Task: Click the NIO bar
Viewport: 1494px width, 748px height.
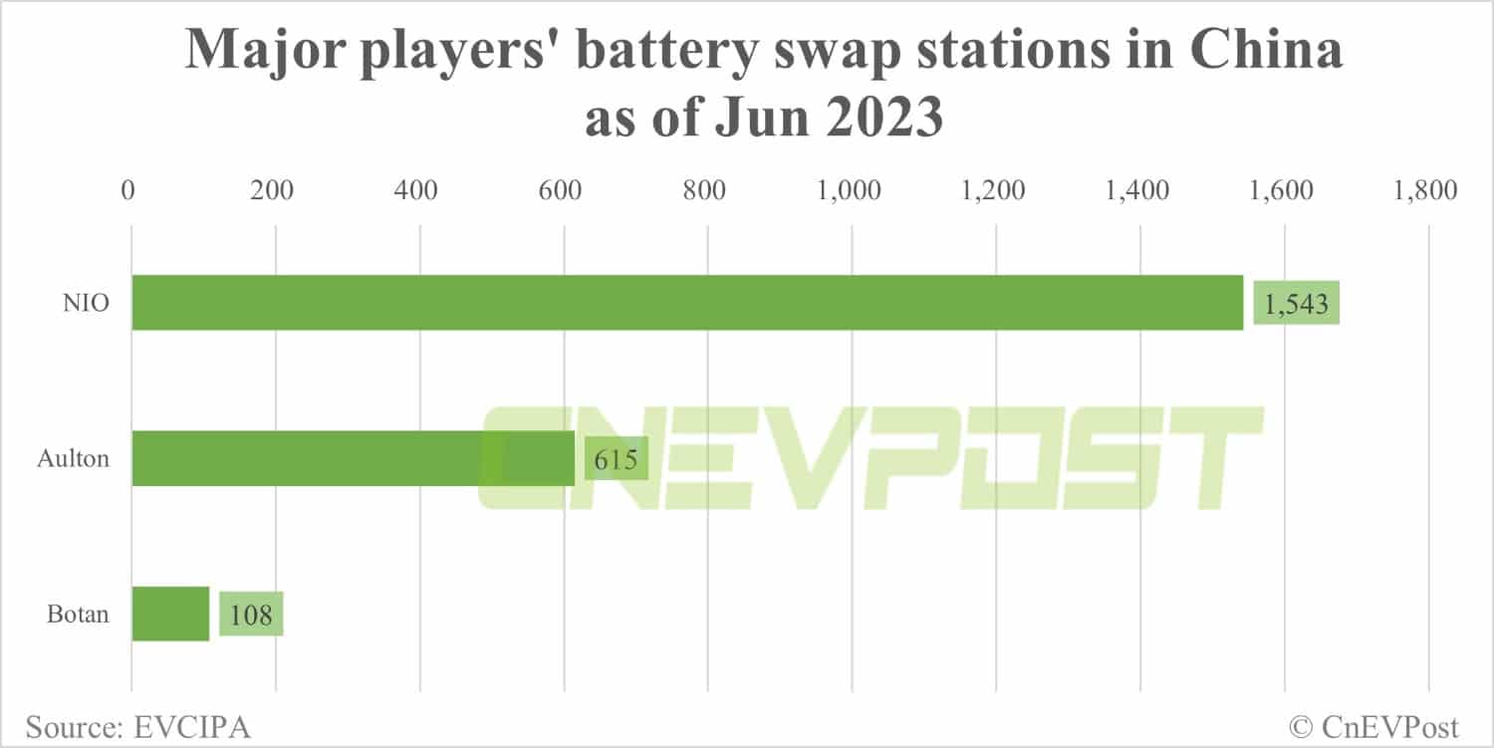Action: (x=687, y=303)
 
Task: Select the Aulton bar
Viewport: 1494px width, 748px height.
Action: (x=353, y=458)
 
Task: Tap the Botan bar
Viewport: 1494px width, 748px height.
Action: (x=170, y=614)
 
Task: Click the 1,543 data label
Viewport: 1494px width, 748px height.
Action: (x=1296, y=304)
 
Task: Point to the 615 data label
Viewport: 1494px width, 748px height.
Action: (x=616, y=459)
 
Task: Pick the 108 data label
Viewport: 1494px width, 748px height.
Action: (x=251, y=615)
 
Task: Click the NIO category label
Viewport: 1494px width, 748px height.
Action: (x=85, y=304)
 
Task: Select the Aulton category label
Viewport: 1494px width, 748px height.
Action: (x=73, y=459)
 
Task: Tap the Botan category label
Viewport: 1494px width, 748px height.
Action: (x=78, y=615)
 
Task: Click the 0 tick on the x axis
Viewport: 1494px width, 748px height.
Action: (x=128, y=190)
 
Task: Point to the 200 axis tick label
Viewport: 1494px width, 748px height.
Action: (x=272, y=190)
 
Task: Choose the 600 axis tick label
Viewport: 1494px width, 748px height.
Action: (x=561, y=190)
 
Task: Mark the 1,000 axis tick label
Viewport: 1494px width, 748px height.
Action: (x=849, y=190)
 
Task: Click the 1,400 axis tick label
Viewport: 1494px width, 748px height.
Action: (x=1136, y=190)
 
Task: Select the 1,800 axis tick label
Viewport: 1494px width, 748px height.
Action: (x=1424, y=190)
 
